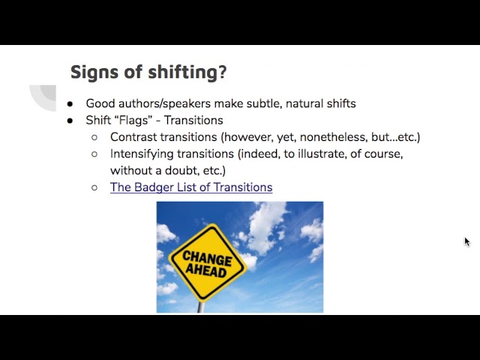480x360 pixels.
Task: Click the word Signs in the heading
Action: [94, 73]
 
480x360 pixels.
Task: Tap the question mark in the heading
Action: [222, 72]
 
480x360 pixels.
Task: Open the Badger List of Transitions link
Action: [191, 187]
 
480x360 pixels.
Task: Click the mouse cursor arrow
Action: [467, 241]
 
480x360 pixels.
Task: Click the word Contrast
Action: [133, 137]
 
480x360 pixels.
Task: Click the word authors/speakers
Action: [165, 103]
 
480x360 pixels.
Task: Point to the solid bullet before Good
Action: [70, 104]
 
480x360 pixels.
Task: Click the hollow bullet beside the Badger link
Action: [94, 187]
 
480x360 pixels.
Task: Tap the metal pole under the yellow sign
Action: [201, 307]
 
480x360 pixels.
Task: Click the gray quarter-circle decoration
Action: [43, 97]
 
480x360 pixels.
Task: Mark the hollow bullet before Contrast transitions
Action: [94, 137]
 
